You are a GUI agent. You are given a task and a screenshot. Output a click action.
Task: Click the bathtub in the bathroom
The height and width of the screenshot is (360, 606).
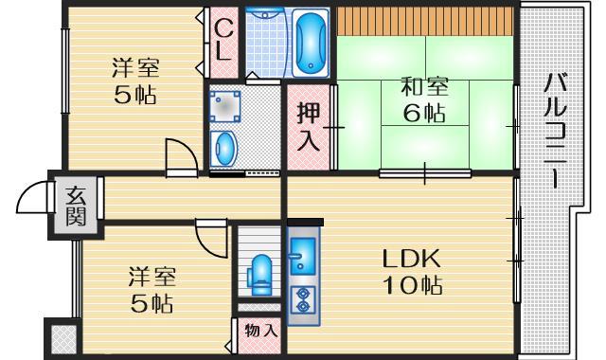pyautogui.click(x=310, y=43)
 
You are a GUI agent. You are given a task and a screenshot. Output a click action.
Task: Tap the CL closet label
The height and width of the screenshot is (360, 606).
pyautogui.click(x=223, y=40)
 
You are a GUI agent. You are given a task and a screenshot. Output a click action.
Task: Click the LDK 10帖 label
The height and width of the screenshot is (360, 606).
pyautogui.click(x=413, y=271)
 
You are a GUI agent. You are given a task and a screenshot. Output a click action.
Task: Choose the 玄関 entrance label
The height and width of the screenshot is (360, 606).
pyautogui.click(x=76, y=205)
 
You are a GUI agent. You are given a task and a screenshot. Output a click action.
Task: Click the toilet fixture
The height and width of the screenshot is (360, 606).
pyautogui.click(x=258, y=274)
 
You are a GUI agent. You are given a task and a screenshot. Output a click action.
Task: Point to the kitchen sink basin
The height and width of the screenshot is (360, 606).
pyautogui.click(x=304, y=253)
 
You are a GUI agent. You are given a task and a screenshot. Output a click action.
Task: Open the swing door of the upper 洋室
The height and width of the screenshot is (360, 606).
pyautogui.click(x=179, y=156)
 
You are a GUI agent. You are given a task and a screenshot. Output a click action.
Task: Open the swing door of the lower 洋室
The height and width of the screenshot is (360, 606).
pyautogui.click(x=209, y=234)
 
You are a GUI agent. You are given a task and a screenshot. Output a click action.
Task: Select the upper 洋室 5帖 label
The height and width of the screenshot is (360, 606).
pyautogui.click(x=135, y=81)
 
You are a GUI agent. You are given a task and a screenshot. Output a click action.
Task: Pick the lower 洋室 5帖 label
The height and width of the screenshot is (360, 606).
pyautogui.click(x=151, y=290)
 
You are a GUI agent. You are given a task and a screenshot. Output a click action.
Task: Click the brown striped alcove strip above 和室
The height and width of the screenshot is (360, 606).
pyautogui.click(x=426, y=19)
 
